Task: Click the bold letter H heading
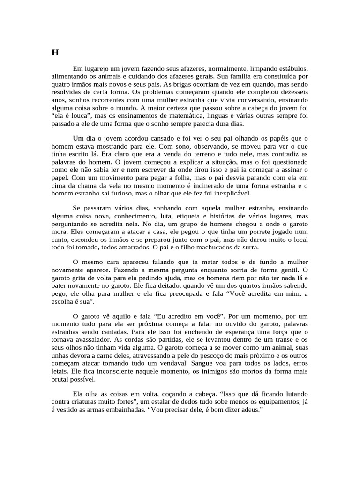[x=55, y=52]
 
